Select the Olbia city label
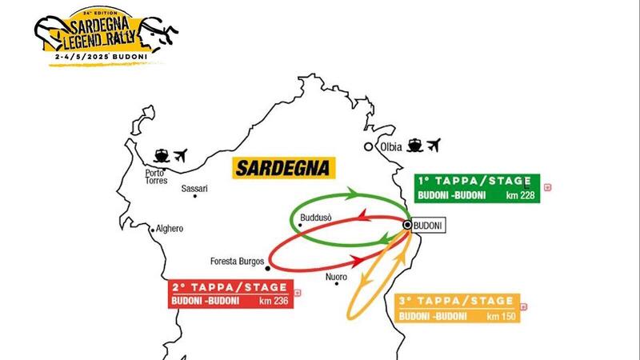pos(391,147)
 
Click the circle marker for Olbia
pos(368,147)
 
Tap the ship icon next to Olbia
pos(415,146)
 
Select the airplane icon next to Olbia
pos(434,146)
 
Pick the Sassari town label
pos(194,190)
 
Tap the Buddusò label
pos(314,217)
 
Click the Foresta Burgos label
pos(238,261)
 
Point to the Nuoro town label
pos(336,278)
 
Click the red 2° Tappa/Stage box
pos(230,294)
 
